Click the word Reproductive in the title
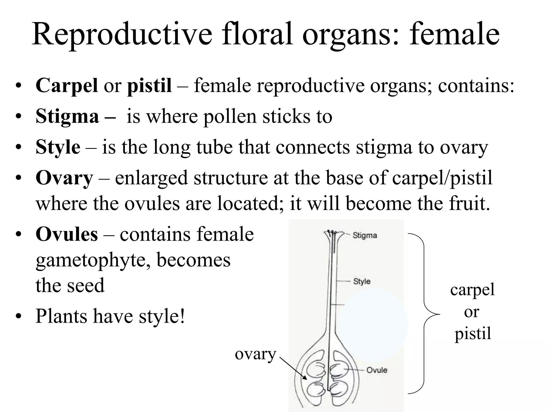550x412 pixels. (122, 35)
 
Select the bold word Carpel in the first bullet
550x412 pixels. (67, 86)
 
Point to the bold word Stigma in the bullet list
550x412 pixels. (67, 117)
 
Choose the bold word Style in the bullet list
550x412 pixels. (58, 147)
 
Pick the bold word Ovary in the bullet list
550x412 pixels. (64, 178)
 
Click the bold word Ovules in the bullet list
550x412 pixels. (67, 234)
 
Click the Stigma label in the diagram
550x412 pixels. (365, 236)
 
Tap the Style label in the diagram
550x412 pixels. (362, 281)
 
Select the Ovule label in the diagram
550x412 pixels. (377, 370)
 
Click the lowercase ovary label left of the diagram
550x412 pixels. (255, 354)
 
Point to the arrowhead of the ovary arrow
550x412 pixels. (305, 378)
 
